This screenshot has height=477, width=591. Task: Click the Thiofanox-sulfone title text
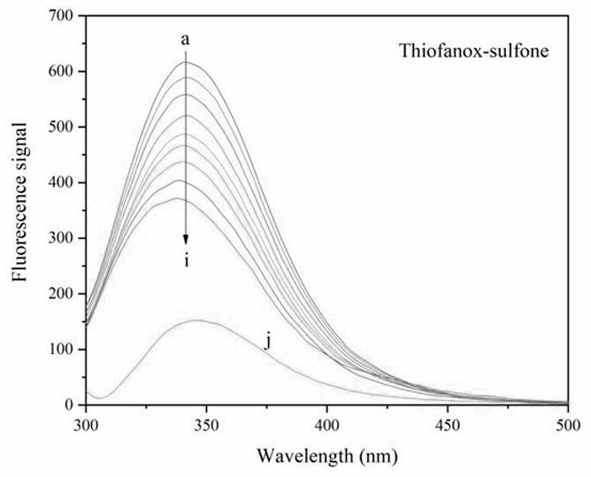pos(473,50)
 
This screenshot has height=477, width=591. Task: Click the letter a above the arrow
pos(185,40)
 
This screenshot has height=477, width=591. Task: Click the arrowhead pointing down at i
pos(186,240)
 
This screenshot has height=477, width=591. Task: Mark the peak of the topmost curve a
pos(188,62)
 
